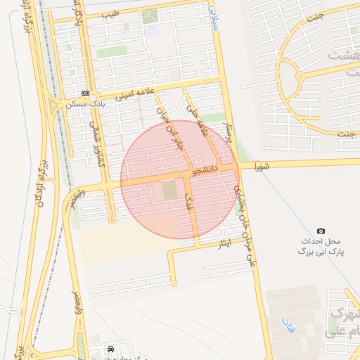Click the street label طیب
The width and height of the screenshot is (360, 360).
[x=110, y=13]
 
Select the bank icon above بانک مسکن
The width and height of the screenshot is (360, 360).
[x=85, y=93]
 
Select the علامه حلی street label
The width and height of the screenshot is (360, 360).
[x=199, y=120]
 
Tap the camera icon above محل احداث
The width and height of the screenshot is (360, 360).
[x=321, y=231]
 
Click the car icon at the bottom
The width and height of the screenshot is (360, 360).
[x=110, y=349]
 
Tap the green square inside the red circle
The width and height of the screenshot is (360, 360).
[x=170, y=190]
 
